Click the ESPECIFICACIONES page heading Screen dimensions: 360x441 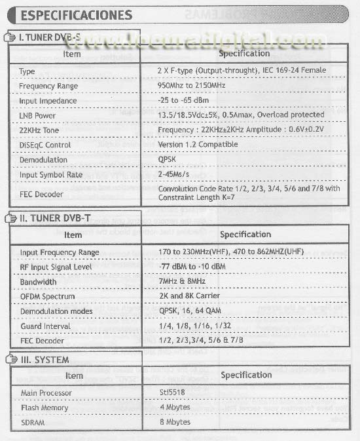pyautogui.click(x=76, y=14)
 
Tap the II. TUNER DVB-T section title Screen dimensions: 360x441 pyautogui.click(x=52, y=218)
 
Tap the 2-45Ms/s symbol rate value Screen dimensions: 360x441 pyautogui.click(x=173, y=174)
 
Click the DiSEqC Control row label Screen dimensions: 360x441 pyautogui.click(x=45, y=145)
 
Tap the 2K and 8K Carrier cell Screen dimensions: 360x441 pyautogui.click(x=190, y=296)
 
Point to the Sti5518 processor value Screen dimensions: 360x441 pyautogui.click(x=173, y=393)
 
